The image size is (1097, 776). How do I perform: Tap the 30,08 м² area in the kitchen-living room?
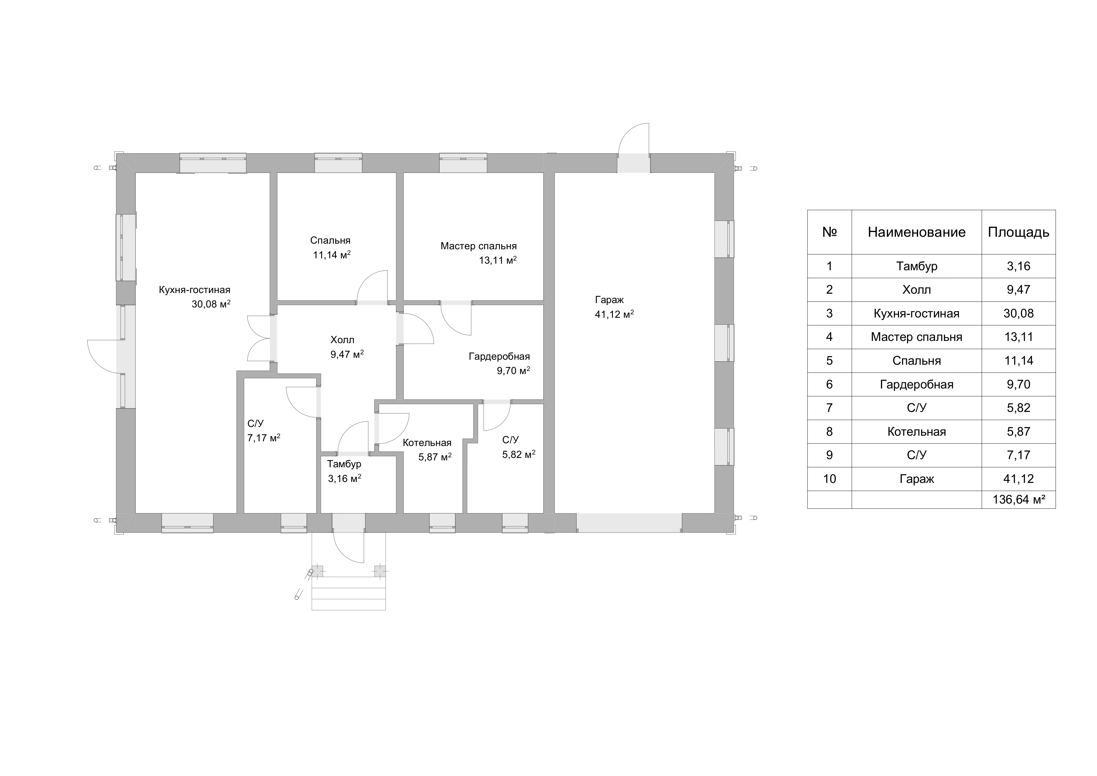click(211, 304)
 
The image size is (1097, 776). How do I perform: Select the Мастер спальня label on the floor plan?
click(478, 246)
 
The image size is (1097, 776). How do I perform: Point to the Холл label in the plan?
click(342, 340)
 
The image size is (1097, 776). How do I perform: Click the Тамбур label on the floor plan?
click(344, 464)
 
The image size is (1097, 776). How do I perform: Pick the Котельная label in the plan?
click(427, 443)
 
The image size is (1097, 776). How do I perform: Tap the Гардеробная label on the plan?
click(499, 357)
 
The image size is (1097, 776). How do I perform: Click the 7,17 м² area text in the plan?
click(264, 438)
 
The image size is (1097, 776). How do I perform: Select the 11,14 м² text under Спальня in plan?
click(332, 255)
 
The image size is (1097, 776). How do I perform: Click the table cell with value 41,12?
click(1019, 479)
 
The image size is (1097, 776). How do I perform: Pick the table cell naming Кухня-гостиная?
click(916, 313)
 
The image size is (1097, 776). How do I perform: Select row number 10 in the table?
click(829, 479)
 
